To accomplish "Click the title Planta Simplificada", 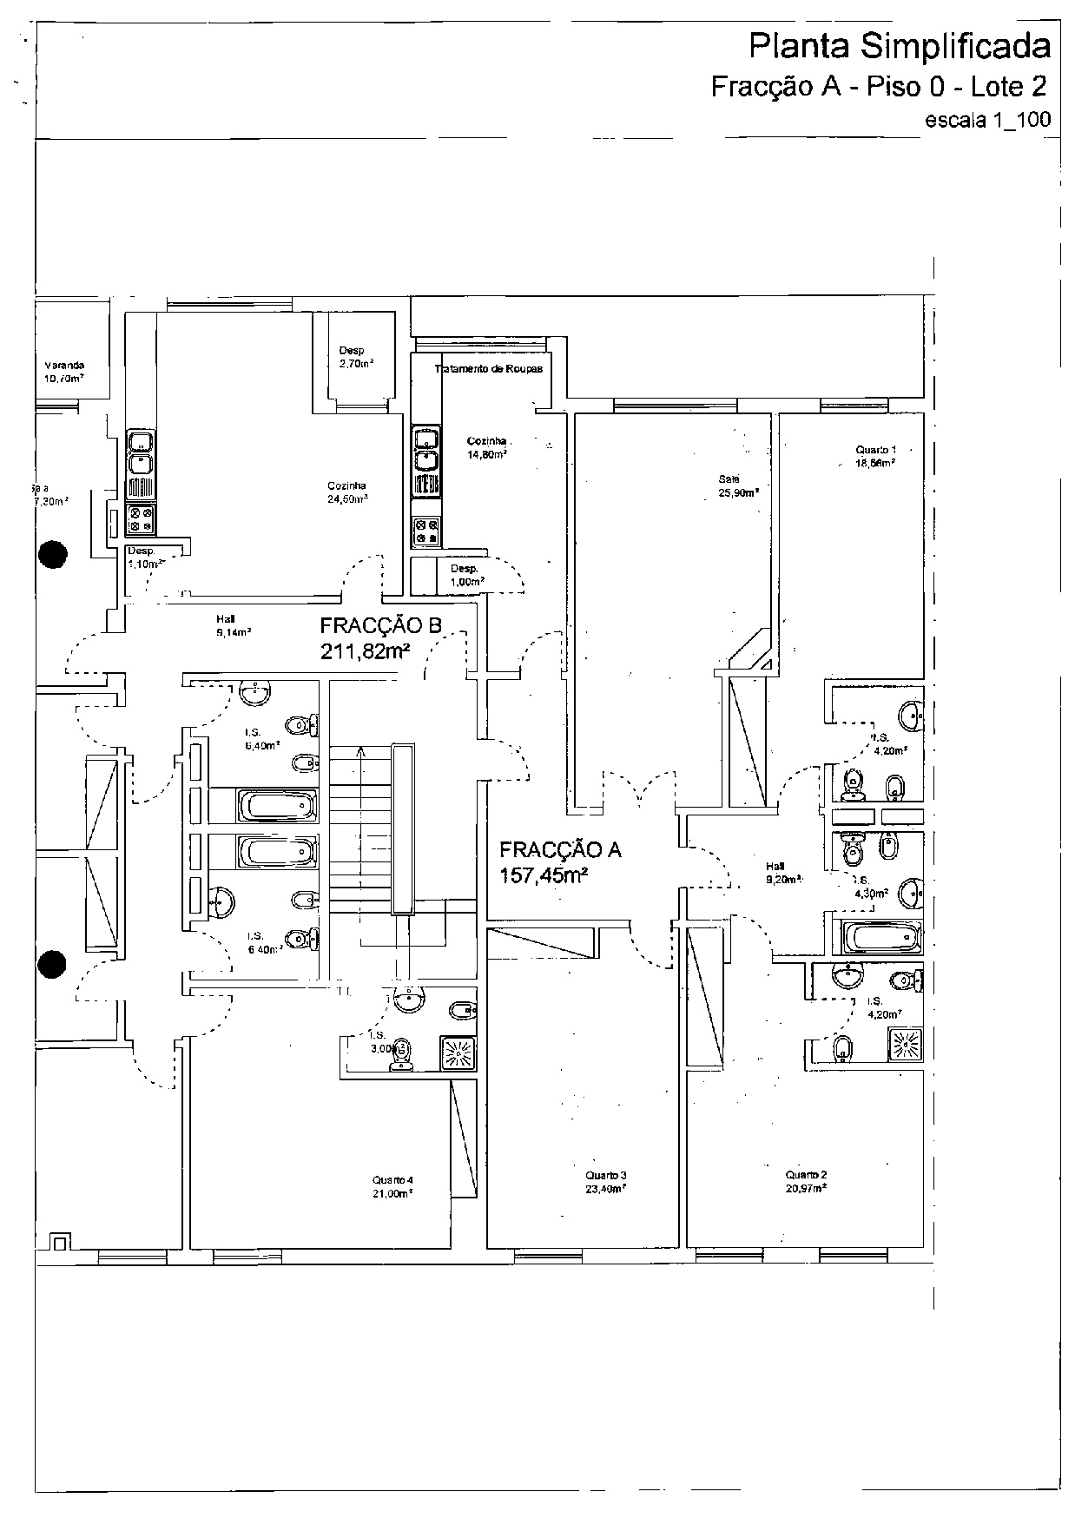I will click(x=899, y=48).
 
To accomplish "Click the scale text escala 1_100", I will click(x=988, y=120).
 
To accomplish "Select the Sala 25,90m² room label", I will click(x=737, y=485).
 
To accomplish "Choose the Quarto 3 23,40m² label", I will click(x=605, y=1182).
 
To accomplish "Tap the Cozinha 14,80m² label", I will click(x=486, y=446).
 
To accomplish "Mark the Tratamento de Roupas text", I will click(x=489, y=369).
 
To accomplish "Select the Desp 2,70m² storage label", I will click(x=354, y=357).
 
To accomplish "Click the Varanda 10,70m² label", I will click(x=64, y=372).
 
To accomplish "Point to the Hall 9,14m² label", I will click(x=233, y=625).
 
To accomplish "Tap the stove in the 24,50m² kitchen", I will click(x=140, y=519).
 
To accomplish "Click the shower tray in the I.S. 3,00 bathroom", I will click(x=458, y=1052).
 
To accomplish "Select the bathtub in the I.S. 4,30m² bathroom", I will click(x=880, y=937).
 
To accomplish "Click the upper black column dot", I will click(x=54, y=553).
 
